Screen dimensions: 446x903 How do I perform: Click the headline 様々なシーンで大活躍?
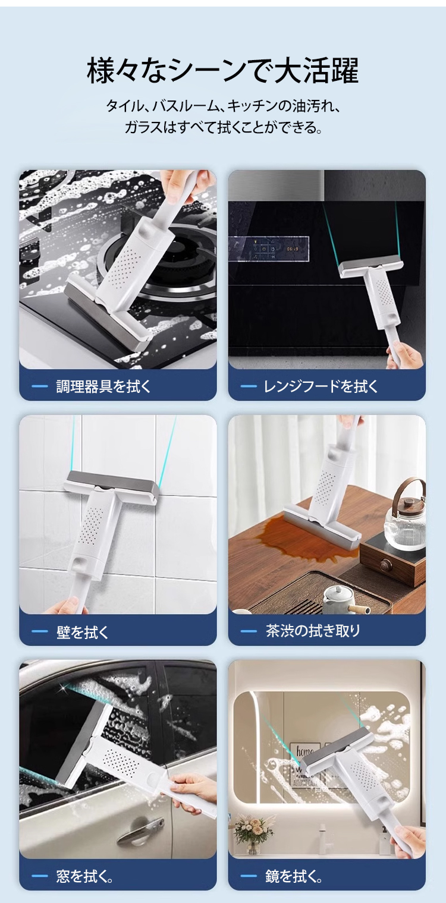tap(222, 71)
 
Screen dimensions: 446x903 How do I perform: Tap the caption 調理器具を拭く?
tap(103, 386)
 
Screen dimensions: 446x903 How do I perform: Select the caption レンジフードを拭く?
tap(321, 386)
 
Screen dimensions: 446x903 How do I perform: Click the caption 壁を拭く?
tap(83, 632)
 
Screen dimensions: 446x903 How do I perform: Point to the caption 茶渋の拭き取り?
tap(313, 631)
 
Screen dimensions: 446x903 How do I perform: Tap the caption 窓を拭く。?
tap(84, 876)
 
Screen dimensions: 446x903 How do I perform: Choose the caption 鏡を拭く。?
tap(294, 876)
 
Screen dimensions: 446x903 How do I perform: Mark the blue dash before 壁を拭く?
tap(39, 632)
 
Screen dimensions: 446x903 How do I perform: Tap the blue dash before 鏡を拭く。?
tap(249, 876)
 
